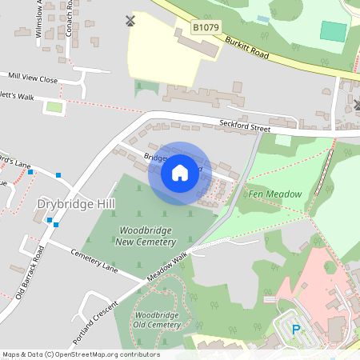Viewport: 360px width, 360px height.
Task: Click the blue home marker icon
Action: point(180,173)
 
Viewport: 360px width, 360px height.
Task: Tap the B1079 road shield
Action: point(205,28)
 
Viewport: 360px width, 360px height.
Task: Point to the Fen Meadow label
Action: point(274,194)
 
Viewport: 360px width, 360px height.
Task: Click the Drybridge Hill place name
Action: point(76,205)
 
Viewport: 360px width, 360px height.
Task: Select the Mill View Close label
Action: point(33,79)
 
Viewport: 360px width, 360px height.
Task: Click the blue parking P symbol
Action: point(295,329)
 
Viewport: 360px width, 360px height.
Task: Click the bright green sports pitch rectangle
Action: point(334,31)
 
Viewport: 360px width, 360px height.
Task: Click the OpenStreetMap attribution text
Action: point(80,354)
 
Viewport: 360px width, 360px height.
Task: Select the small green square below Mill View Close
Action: point(54,106)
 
